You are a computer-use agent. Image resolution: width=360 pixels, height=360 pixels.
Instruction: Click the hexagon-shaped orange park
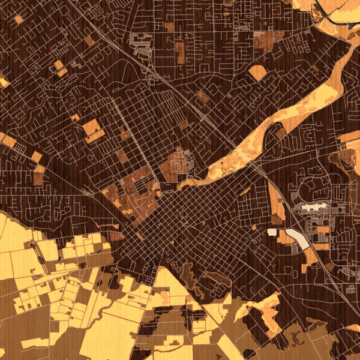pos(257,73)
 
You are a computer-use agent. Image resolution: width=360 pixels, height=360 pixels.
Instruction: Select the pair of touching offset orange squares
pos(60,68)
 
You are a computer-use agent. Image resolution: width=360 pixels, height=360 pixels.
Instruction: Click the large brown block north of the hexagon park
pos(262,40)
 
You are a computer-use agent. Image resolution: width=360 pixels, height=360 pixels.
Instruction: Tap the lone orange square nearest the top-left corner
pos(19,19)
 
